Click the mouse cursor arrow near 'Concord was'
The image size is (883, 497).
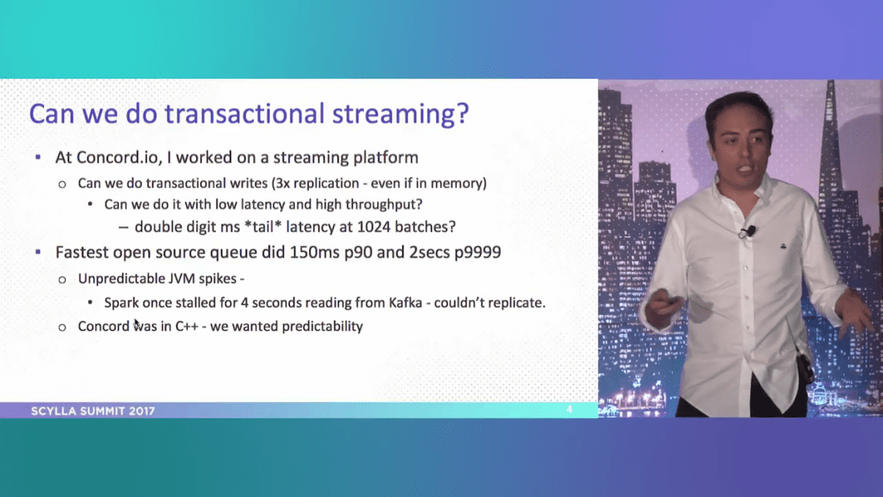pyautogui.click(x=137, y=324)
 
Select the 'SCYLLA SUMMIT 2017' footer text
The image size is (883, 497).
pyautogui.click(x=93, y=411)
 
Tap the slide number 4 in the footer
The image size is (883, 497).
pyautogui.click(x=569, y=409)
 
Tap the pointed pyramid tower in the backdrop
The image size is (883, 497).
pyautogui.click(x=835, y=161)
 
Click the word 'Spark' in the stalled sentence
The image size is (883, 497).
pyautogui.click(x=121, y=303)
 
